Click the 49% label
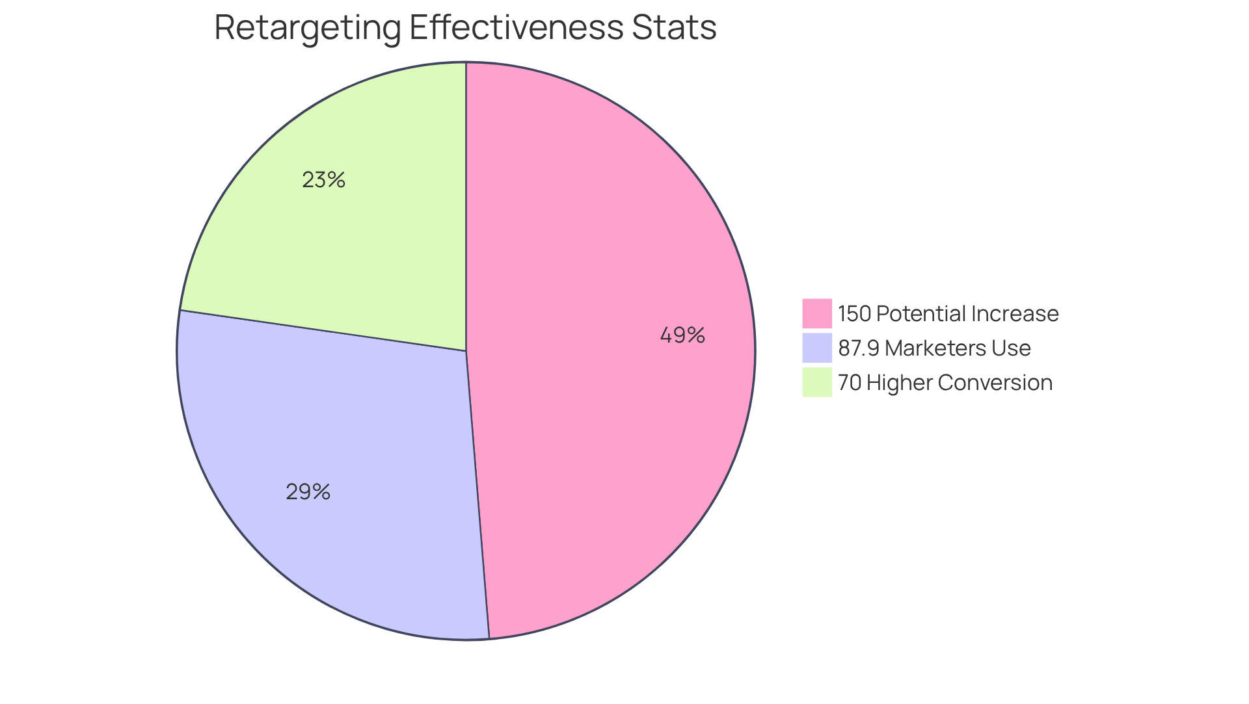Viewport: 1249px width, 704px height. tap(682, 335)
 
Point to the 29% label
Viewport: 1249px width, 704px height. tap(308, 492)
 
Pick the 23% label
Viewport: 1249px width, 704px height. tap(323, 180)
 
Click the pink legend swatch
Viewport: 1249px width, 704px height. tap(816, 313)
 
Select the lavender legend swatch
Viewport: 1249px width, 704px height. tap(816, 348)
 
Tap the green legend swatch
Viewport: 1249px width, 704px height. tap(816, 382)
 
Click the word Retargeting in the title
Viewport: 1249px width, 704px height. tap(308, 29)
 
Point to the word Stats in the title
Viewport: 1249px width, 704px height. tap(673, 29)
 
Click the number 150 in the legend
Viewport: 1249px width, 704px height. tap(854, 314)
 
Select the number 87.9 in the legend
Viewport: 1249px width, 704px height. tap(859, 348)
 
